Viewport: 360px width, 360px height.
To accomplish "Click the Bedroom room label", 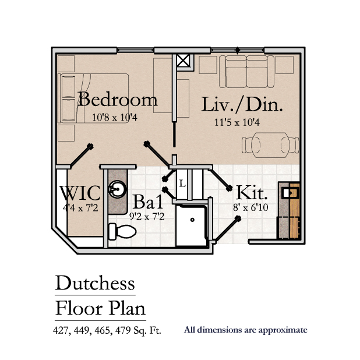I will click(117, 99).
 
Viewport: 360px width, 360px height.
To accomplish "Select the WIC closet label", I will click(80, 193).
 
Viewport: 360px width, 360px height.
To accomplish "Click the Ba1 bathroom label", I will click(147, 203).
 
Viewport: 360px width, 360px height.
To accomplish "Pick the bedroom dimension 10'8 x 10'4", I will click(114, 117).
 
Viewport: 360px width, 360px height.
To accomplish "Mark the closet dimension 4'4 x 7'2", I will click(80, 206).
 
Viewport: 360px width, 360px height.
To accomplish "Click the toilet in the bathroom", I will click(122, 232).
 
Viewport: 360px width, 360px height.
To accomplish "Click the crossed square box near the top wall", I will click(183, 61).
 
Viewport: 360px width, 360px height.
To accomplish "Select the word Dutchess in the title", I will click(95, 283).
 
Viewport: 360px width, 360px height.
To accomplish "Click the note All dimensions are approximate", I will click(245, 330).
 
